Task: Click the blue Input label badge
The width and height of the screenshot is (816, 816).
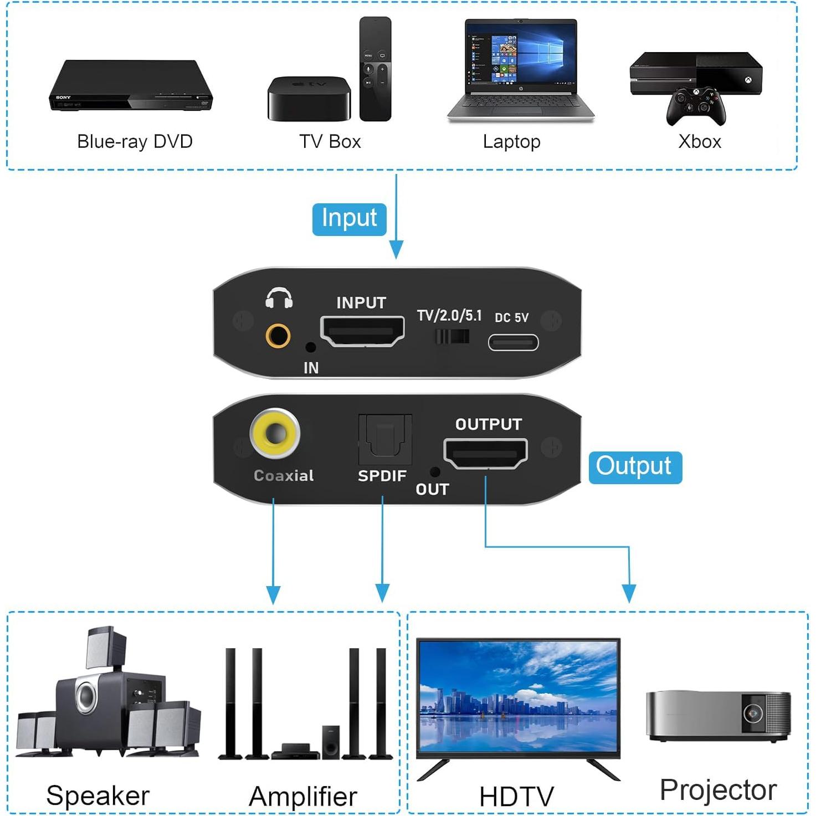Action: (x=349, y=219)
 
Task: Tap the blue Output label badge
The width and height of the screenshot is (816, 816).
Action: (x=634, y=467)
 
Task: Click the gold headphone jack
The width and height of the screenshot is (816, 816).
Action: (x=278, y=335)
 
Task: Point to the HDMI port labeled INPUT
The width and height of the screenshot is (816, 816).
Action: (x=362, y=331)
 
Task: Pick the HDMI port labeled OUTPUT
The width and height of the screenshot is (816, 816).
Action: (x=485, y=453)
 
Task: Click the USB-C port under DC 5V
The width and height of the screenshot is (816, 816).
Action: (x=513, y=342)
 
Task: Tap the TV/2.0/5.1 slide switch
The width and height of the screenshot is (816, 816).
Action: (x=452, y=336)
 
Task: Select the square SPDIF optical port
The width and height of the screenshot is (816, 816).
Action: (x=384, y=440)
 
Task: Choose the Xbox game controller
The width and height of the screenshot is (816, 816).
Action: (x=696, y=106)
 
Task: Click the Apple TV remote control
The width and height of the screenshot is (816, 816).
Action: (x=375, y=69)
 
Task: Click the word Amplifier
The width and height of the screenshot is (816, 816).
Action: (x=302, y=797)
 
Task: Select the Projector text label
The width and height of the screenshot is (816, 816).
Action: (x=718, y=790)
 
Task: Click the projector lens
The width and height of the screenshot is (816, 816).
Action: (x=753, y=713)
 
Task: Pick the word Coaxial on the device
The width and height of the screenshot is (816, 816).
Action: (x=284, y=475)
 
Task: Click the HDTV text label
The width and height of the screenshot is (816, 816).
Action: (x=516, y=797)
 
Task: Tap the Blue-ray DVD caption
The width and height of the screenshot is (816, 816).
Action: (x=135, y=142)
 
